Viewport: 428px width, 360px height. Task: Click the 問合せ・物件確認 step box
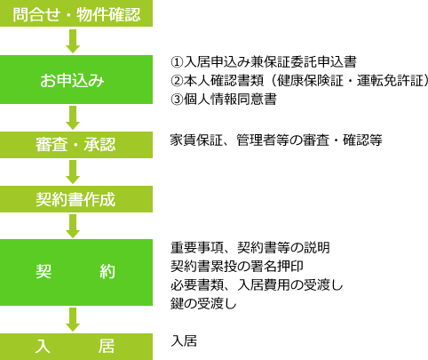point(76,13)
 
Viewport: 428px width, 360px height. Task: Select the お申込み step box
point(76,79)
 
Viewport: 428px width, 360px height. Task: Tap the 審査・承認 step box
point(76,145)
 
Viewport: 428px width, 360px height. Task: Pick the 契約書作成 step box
point(76,199)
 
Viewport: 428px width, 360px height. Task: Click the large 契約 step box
point(76,272)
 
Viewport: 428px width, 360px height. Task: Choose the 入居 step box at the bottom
point(76,347)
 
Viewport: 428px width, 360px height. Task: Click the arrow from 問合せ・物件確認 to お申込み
point(73,41)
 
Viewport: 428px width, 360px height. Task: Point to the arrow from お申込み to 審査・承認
point(73,118)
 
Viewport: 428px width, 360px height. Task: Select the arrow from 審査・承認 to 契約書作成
point(73,172)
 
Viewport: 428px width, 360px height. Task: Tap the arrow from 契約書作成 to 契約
point(73,227)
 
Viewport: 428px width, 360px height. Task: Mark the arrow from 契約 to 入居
point(73,319)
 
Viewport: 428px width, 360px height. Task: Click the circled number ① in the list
point(177,62)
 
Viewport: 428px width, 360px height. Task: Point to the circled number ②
point(177,81)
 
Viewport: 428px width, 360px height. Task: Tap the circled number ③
point(177,100)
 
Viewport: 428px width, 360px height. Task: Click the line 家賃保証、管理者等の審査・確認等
point(276,140)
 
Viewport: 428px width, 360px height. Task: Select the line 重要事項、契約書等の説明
point(250,248)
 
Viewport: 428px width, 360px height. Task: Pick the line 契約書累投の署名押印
point(237,267)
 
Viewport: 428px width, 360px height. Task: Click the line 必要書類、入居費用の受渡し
point(257,285)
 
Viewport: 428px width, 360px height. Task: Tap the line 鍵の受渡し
point(203,304)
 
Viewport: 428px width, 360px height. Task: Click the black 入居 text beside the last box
point(184,341)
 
